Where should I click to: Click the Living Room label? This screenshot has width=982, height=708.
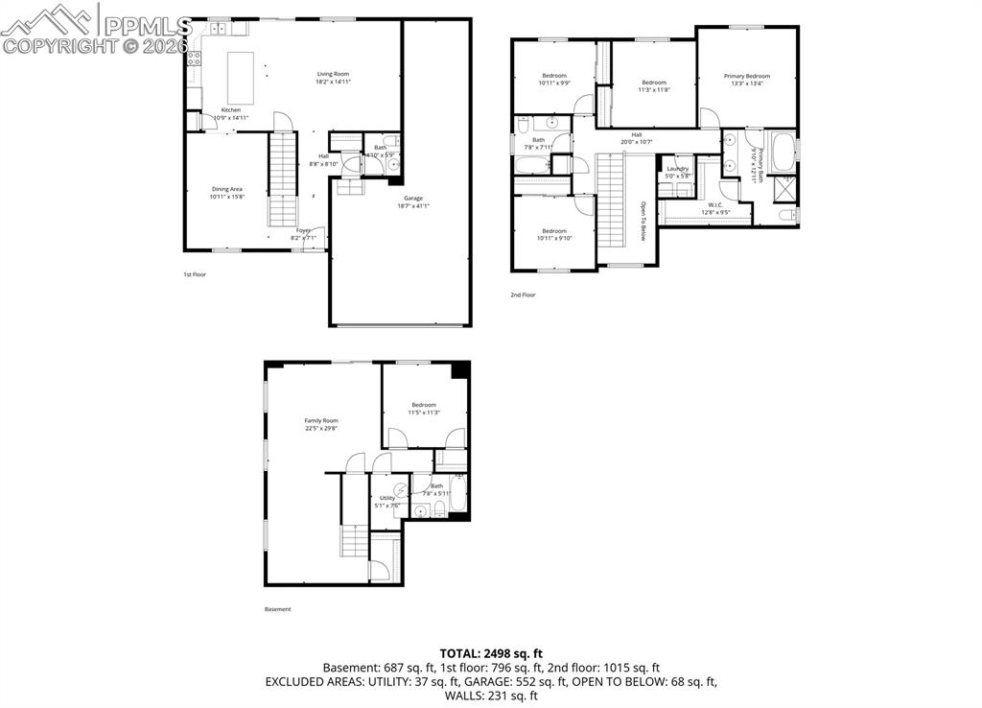click(333, 74)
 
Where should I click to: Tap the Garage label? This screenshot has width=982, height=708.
click(413, 199)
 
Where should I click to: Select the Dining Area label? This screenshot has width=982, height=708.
click(227, 189)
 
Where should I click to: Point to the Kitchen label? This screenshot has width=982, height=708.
click(231, 109)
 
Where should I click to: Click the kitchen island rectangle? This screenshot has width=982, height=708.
click(241, 78)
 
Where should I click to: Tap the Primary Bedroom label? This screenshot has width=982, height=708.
click(747, 76)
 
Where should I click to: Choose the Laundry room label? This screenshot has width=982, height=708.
click(678, 169)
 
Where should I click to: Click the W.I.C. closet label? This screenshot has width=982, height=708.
click(715, 204)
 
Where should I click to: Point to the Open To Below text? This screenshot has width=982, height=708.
click(643, 220)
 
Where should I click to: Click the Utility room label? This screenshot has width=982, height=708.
click(387, 498)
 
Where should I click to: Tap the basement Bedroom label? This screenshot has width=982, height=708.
click(424, 405)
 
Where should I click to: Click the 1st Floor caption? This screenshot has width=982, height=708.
click(195, 274)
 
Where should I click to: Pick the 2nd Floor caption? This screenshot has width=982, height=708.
click(523, 295)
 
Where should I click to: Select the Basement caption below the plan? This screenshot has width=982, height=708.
click(277, 609)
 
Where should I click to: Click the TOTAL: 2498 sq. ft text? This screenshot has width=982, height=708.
click(490, 651)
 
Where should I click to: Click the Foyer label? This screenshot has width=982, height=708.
click(303, 230)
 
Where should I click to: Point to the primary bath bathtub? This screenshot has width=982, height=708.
click(783, 151)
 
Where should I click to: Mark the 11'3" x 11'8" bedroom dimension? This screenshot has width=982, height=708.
click(655, 89)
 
